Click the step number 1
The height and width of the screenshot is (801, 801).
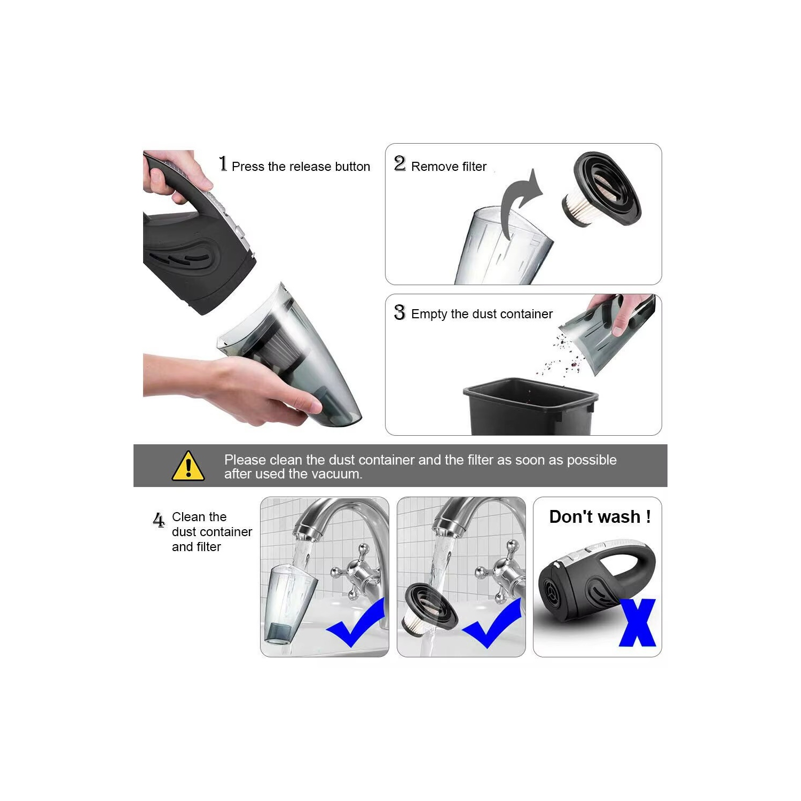(223, 164)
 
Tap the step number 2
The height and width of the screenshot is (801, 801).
(399, 163)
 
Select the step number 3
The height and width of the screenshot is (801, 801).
(399, 312)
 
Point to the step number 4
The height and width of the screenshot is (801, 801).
(159, 520)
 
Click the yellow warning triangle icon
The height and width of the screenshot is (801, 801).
(188, 466)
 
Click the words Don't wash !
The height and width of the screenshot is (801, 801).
(600, 517)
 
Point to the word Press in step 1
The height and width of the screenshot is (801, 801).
(248, 167)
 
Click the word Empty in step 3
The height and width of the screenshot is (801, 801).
(429, 314)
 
